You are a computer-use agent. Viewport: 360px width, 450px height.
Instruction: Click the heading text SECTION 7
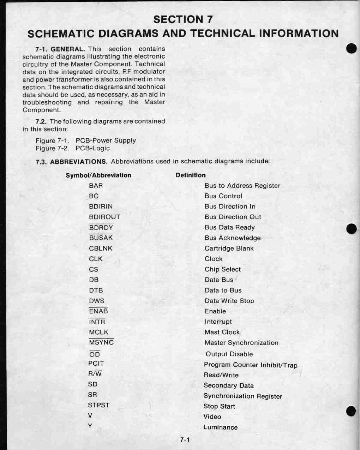tap(183, 19)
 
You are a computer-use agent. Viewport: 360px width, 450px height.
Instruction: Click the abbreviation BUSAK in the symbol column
tap(101, 238)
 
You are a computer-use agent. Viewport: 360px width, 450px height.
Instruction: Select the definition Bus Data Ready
tap(229, 228)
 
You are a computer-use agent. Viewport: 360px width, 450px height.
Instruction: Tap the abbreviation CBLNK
tap(101, 248)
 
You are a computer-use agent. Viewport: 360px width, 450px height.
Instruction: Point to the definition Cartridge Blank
tap(229, 248)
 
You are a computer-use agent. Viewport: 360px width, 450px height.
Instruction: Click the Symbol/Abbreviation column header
tap(98, 175)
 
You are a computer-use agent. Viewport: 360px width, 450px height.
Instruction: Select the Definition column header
tap(190, 175)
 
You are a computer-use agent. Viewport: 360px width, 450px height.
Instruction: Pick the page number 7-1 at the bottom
tap(185, 440)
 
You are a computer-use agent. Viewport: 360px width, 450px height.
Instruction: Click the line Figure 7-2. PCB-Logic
tap(72, 148)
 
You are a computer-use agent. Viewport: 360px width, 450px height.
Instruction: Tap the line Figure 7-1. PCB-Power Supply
tap(85, 140)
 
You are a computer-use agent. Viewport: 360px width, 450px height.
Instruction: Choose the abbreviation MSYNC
tap(101, 343)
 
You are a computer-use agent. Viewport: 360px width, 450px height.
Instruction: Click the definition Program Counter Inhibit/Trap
tap(251, 365)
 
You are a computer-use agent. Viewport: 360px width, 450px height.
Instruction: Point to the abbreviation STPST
tap(99, 405)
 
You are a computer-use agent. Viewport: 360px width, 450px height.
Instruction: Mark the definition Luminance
tap(221, 427)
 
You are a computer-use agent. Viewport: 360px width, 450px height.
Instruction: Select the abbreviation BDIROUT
tap(104, 217)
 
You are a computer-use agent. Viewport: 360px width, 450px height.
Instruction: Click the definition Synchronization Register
tap(243, 396)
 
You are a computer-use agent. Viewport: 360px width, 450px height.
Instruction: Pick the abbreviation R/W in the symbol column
tap(95, 374)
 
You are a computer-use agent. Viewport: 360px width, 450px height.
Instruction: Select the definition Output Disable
tap(229, 354)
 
